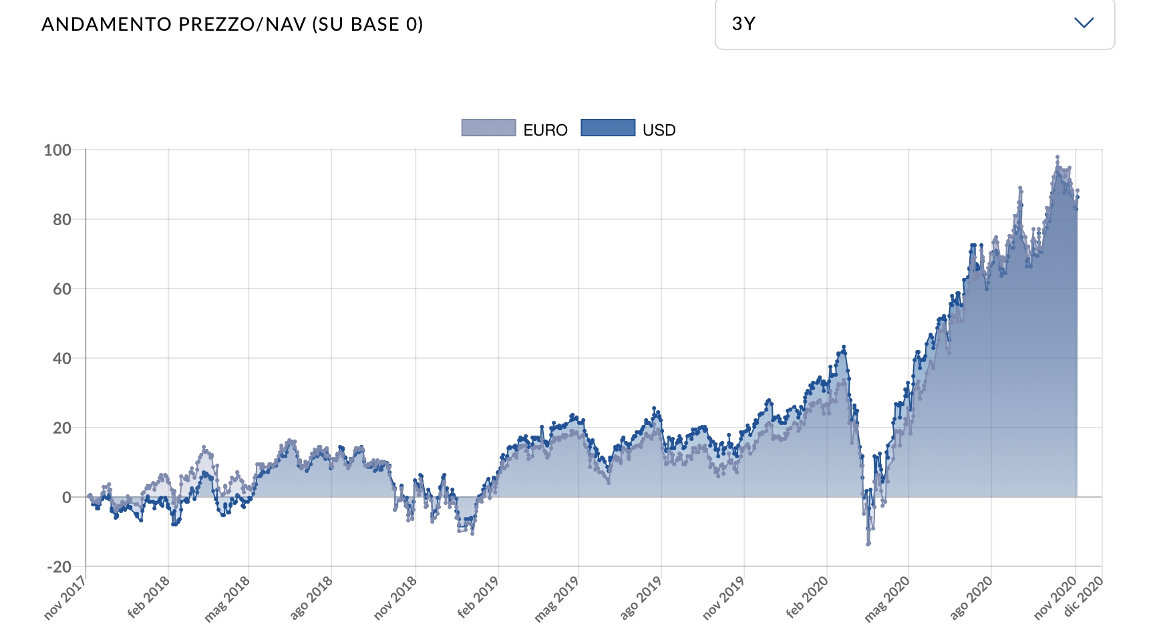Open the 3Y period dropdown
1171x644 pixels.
pos(914,24)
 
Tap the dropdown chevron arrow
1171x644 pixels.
pos(1083,23)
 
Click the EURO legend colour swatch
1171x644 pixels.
pos(489,128)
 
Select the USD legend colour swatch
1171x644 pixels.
pos(608,128)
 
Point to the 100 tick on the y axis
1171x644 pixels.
pos(57,150)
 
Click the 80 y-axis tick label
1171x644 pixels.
pos(62,219)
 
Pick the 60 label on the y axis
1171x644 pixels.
pos(62,289)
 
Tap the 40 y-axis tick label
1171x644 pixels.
pos(62,358)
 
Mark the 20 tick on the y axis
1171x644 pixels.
pos(62,428)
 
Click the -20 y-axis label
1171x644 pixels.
pos(59,567)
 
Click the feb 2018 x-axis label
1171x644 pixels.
pos(149,597)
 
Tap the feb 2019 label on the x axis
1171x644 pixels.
pos(478,597)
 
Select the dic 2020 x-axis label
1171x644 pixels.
pos(1083,597)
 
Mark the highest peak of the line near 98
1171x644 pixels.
pos(1057,158)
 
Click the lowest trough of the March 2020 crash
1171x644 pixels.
pos(868,544)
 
